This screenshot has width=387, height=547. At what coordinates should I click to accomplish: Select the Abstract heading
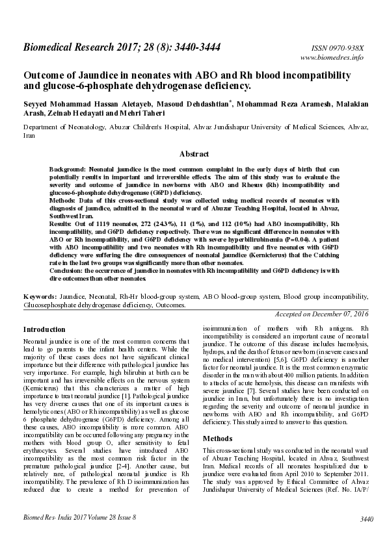[x=194, y=154]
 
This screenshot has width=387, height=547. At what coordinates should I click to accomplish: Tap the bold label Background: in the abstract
[x=69, y=169]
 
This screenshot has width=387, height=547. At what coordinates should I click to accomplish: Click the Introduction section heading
[x=46, y=329]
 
